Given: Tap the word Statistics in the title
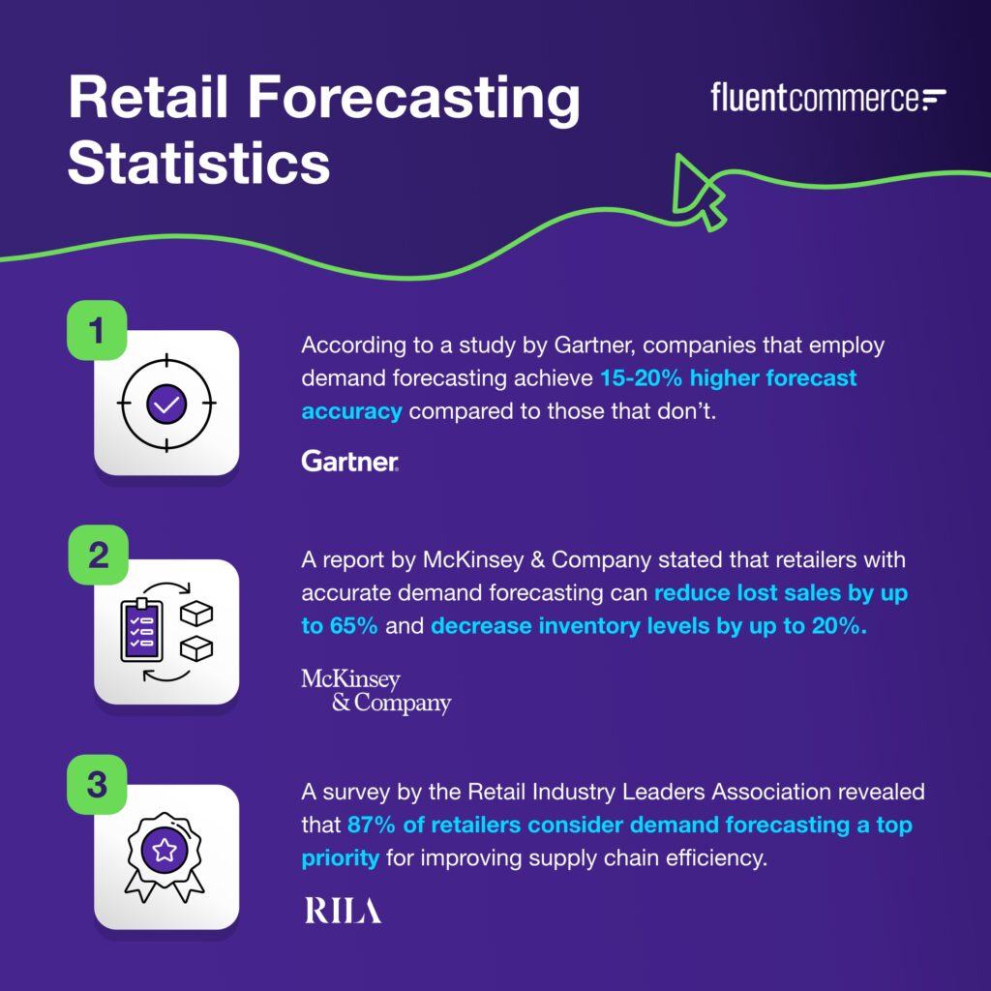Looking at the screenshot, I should coord(198,162).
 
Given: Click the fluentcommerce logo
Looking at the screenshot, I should coord(828,99).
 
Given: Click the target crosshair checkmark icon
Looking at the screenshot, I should coord(166,404).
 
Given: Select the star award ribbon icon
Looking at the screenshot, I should coord(166,856).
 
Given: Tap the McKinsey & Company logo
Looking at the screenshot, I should coord(375,691).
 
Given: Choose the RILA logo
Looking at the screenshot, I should coord(343,911).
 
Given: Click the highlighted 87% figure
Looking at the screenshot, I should coord(371,826).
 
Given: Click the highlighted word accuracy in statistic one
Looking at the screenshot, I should coord(351,410).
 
